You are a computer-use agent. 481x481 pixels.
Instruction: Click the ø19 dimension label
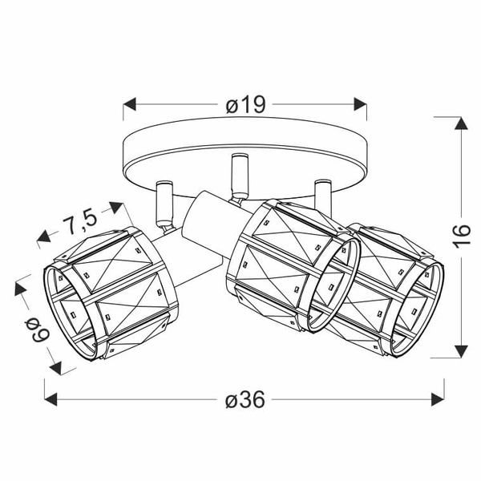pyautogui.click(x=245, y=104)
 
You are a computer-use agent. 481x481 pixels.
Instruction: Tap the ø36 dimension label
pyautogui.click(x=245, y=398)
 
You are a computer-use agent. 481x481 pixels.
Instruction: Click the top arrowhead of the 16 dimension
pyautogui.click(x=460, y=123)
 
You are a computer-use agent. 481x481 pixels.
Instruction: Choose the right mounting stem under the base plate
pyautogui.click(x=323, y=192)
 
